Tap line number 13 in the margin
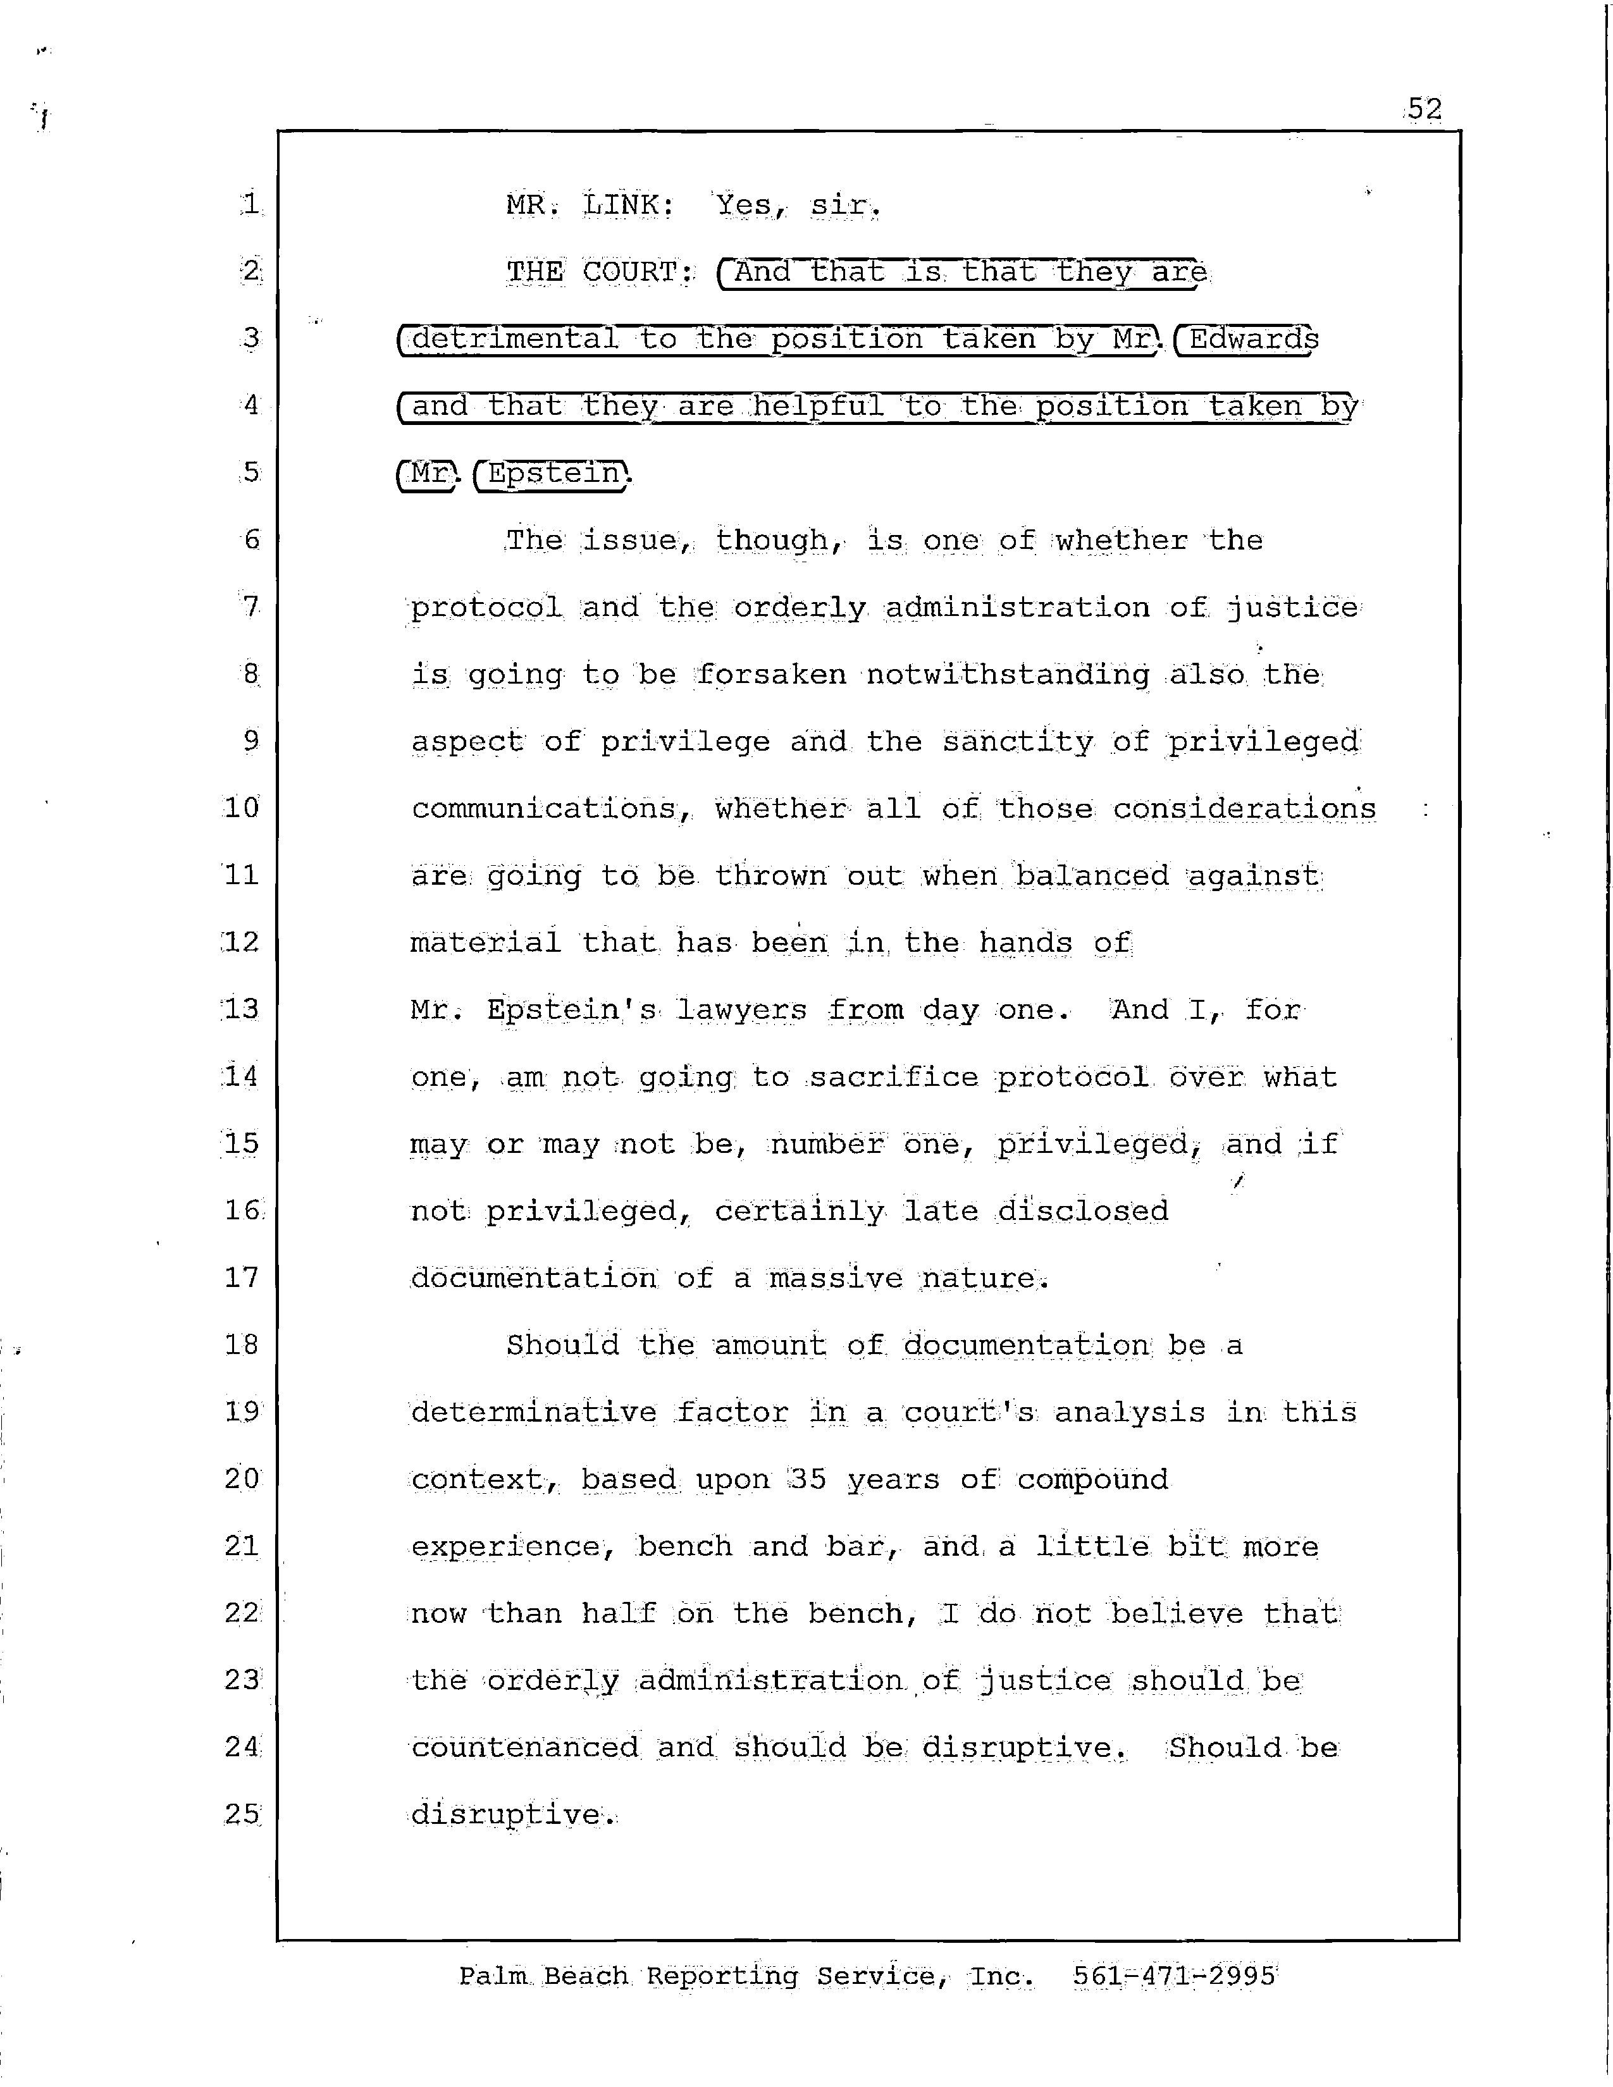(x=241, y=1009)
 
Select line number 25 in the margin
(x=242, y=1814)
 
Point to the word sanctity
(x=1018, y=742)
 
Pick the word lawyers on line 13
(x=741, y=1010)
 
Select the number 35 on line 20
(x=808, y=1479)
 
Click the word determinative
(x=533, y=1412)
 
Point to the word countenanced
(x=524, y=1748)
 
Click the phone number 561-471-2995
(x=1173, y=1976)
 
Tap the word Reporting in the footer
(x=722, y=1976)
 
